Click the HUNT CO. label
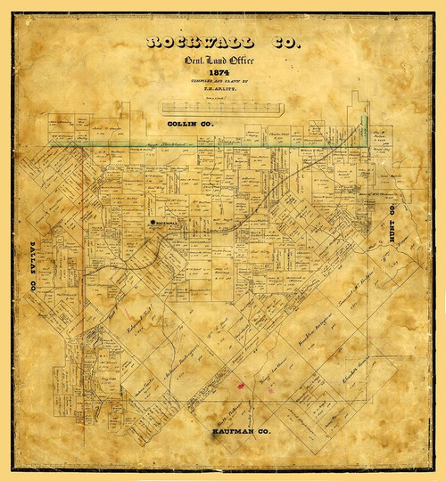pyautogui.click(x=393, y=232)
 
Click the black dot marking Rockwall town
pyautogui.click(x=153, y=221)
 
